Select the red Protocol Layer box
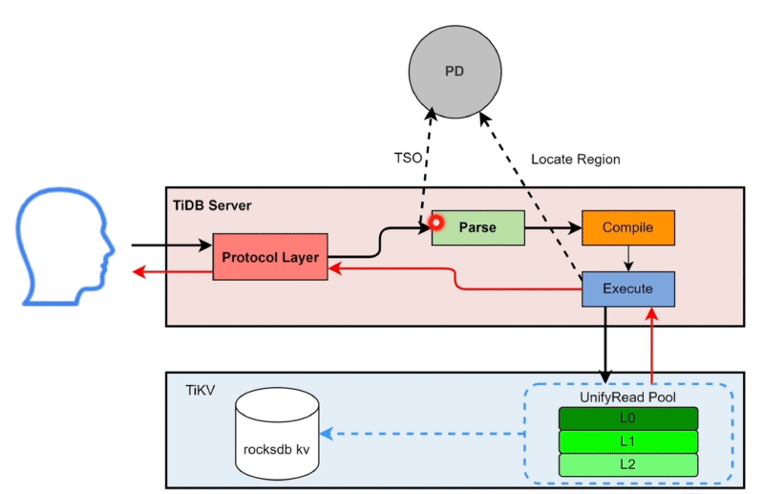tap(270, 257)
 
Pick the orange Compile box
tap(627, 228)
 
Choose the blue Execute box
tap(627, 289)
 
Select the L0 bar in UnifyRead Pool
tap(628, 419)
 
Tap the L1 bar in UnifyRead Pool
tap(628, 441)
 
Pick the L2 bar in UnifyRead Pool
tap(628, 465)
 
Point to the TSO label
tap(408, 158)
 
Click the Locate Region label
tap(575, 159)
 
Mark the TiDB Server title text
tap(213, 205)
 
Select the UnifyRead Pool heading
tap(627, 397)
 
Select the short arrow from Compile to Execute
tap(627, 259)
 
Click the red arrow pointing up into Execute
tap(651, 344)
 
